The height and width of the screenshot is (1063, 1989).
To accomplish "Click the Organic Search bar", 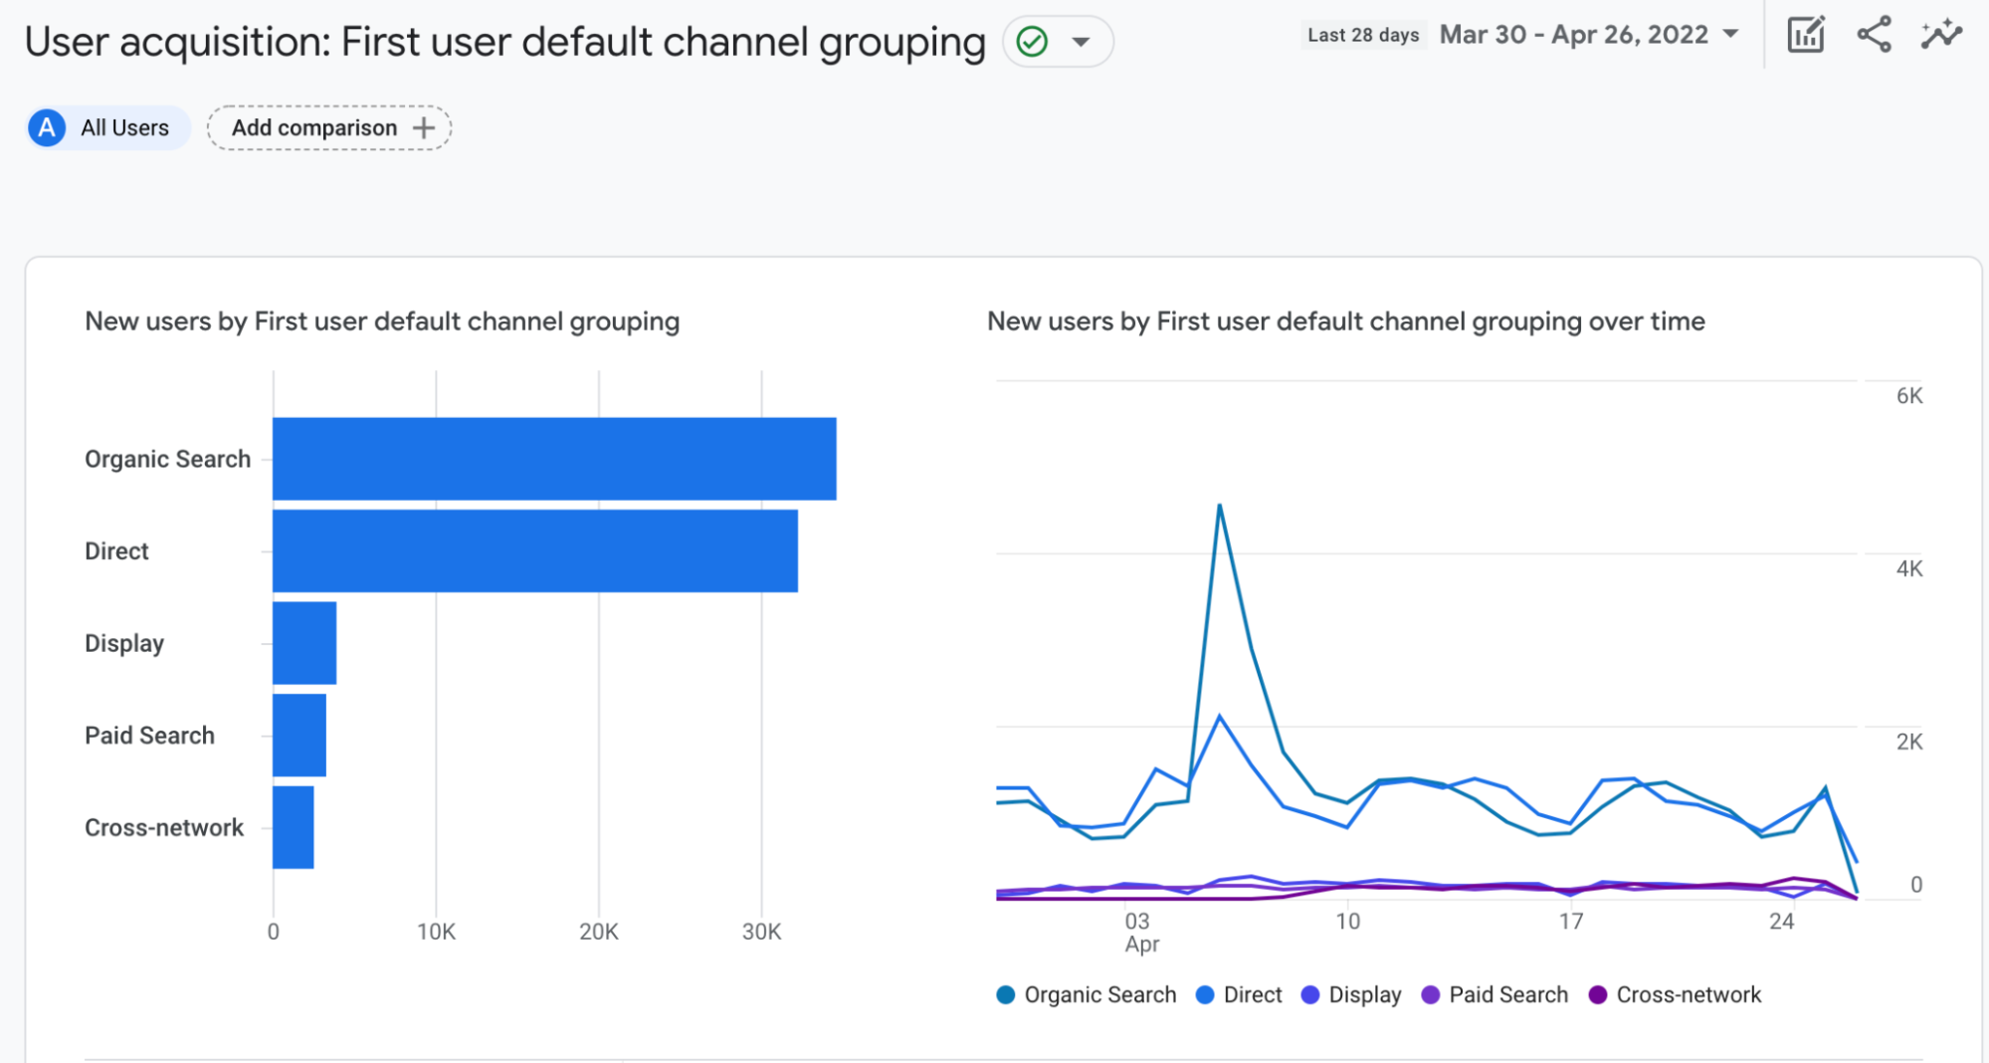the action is (x=554, y=459).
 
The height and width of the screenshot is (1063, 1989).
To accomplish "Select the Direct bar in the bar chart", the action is (x=535, y=551).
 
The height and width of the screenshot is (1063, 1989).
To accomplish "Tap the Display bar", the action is (x=304, y=643).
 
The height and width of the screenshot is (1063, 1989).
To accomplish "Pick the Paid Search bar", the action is (x=299, y=736).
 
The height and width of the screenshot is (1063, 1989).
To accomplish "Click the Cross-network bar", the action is (x=294, y=827).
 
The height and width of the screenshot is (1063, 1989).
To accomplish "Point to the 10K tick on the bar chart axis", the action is (x=436, y=932).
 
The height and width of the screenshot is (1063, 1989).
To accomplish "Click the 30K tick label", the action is (x=761, y=932).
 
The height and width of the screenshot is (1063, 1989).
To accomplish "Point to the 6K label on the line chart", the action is (x=1909, y=396).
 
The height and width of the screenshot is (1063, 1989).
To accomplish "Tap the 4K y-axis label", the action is (x=1909, y=569).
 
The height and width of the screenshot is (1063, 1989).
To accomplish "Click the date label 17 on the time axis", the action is (x=1570, y=922).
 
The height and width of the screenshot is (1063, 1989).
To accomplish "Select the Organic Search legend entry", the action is (x=1087, y=995).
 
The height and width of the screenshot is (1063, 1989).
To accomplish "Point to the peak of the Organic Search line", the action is (x=1219, y=506).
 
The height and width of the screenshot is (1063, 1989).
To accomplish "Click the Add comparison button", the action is (x=329, y=128).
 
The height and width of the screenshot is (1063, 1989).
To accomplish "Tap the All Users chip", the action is (x=107, y=128).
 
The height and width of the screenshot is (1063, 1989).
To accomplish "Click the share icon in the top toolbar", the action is (x=1874, y=35).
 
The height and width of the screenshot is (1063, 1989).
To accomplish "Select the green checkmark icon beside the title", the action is (x=1033, y=42).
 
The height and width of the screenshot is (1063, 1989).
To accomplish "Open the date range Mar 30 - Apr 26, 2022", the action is (x=1589, y=35).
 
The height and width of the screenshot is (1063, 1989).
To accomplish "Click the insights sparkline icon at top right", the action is (x=1941, y=35).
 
